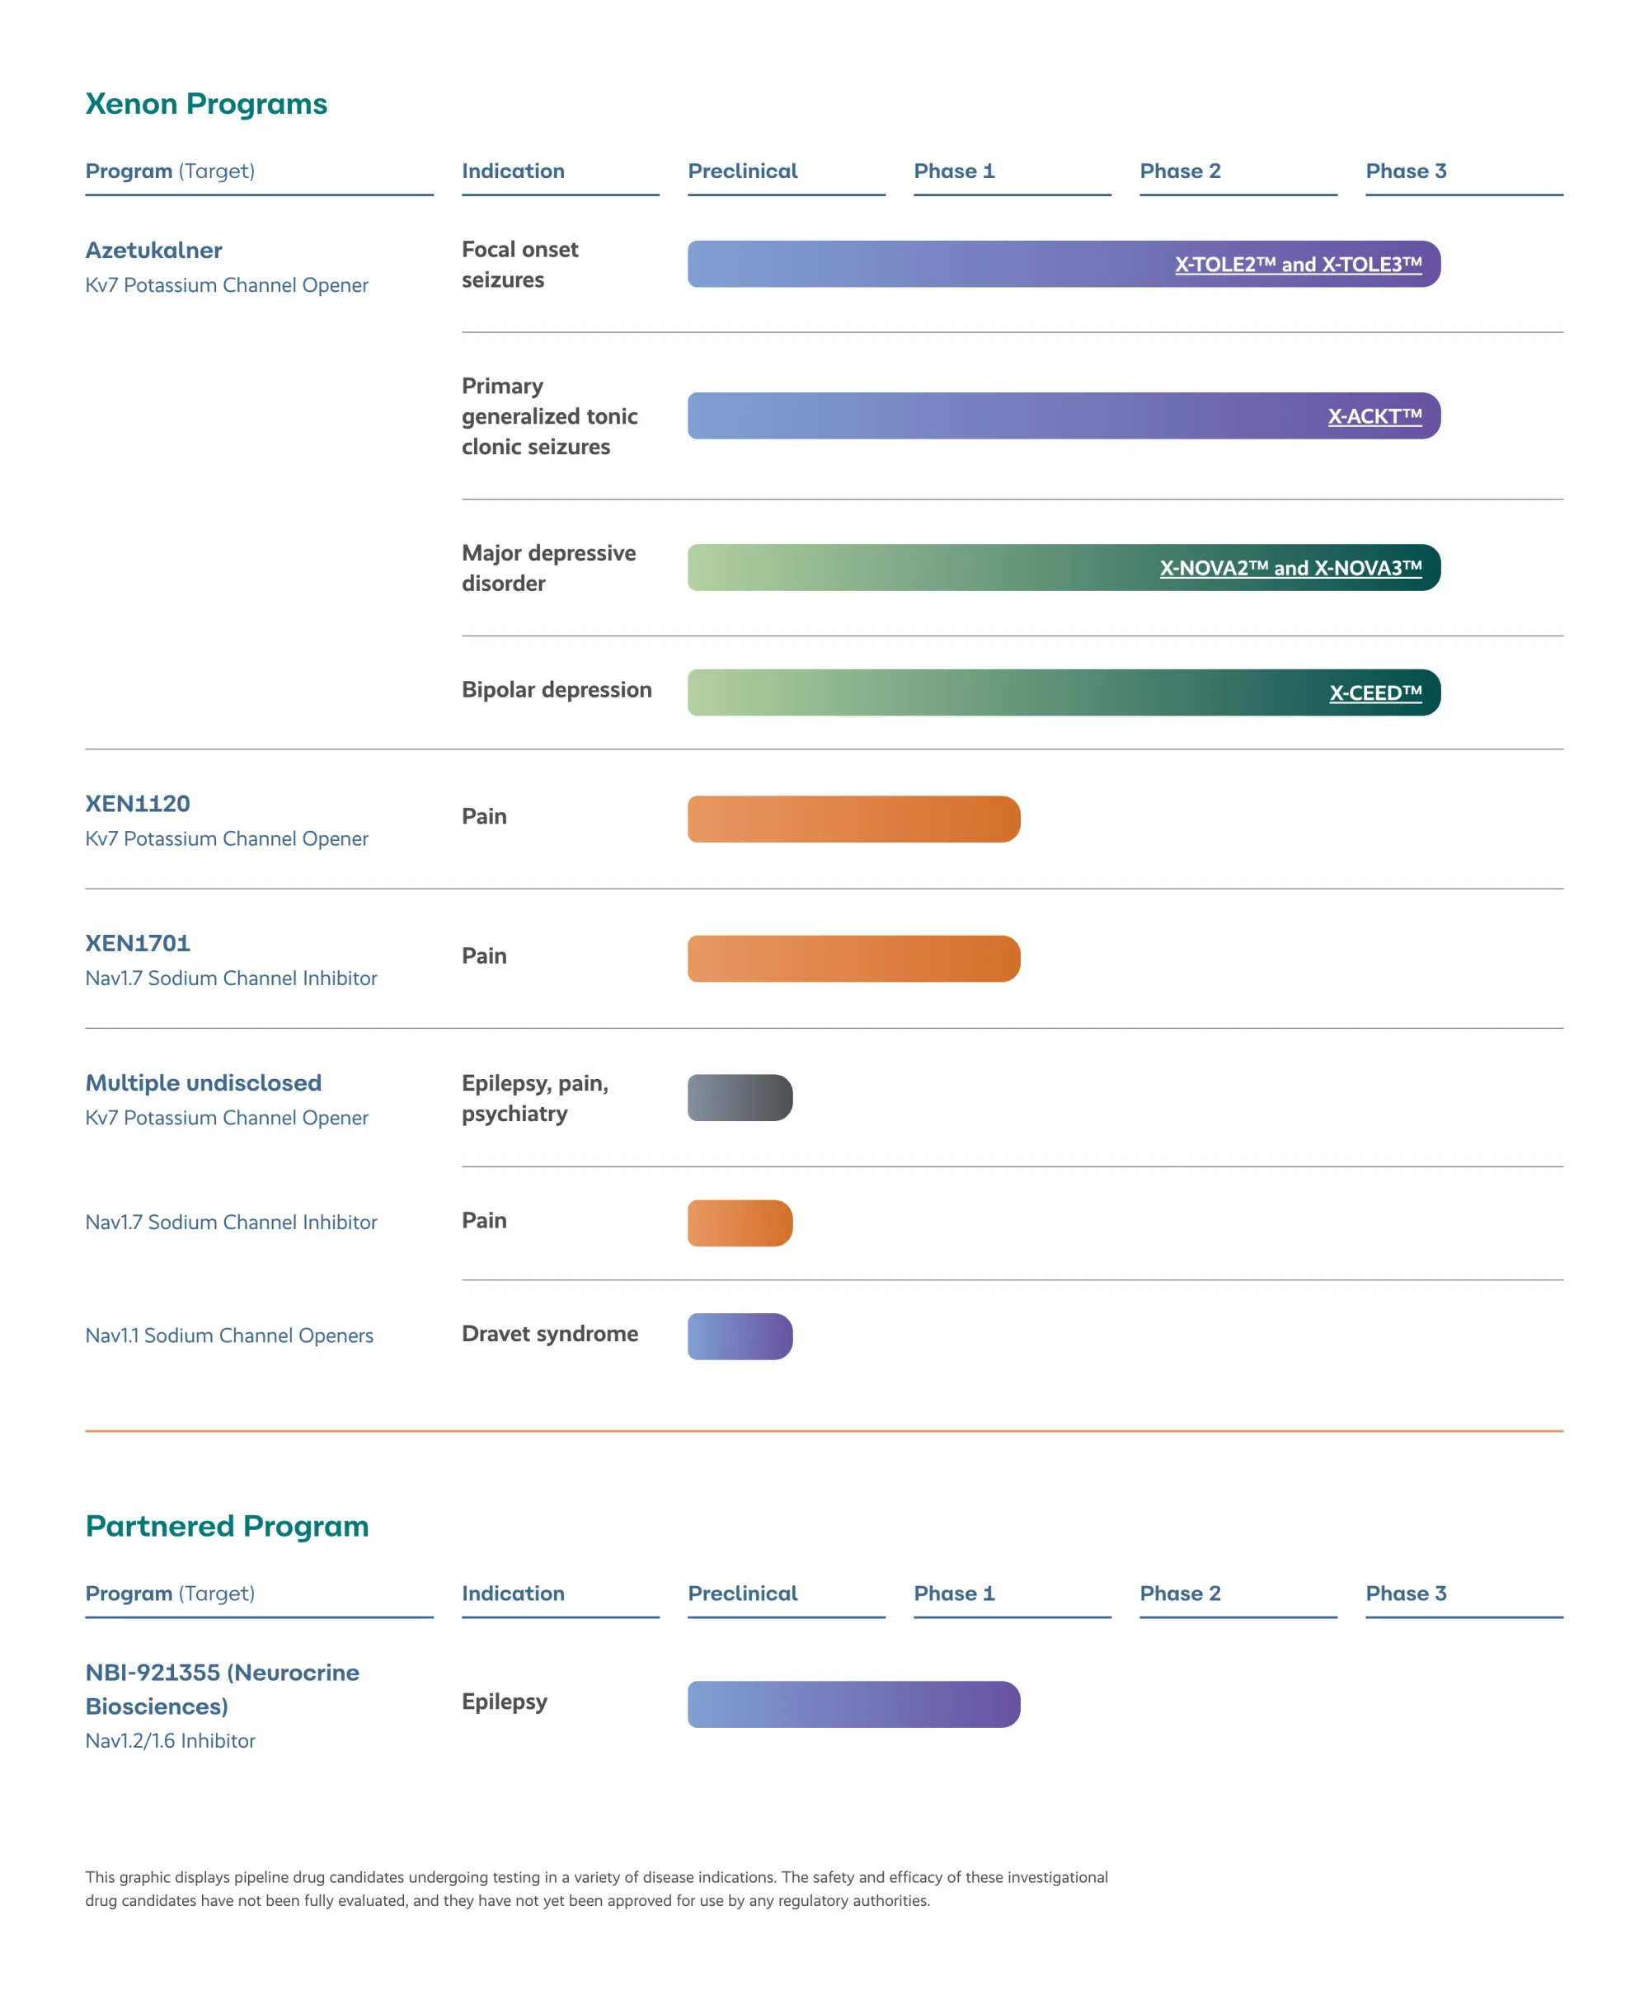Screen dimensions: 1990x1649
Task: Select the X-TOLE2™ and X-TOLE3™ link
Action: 1298,265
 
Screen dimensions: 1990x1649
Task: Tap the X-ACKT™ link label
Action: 1374,416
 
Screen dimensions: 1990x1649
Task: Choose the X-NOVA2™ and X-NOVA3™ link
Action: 1290,568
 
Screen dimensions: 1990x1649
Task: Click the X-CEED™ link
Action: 1375,692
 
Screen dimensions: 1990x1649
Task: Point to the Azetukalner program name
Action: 153,250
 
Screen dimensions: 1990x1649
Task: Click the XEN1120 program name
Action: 138,804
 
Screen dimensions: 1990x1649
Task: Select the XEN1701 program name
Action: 138,943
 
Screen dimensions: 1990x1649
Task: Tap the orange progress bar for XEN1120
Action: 853,819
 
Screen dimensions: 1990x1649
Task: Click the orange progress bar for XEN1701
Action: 853,958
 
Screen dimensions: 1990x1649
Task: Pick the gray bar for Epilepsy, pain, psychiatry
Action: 740,1097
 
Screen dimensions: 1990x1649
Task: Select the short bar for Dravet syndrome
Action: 740,1336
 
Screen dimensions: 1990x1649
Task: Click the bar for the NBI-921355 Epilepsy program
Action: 853,1704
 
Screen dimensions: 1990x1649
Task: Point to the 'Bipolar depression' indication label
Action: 557,690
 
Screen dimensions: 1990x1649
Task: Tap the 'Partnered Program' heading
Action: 227,1526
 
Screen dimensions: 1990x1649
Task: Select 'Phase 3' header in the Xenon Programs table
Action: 1406,171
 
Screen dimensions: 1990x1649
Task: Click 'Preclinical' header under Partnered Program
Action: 742,1593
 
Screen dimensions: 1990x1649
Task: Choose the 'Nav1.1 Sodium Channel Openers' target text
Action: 229,1335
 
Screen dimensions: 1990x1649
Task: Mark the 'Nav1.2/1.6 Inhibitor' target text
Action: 171,1741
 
